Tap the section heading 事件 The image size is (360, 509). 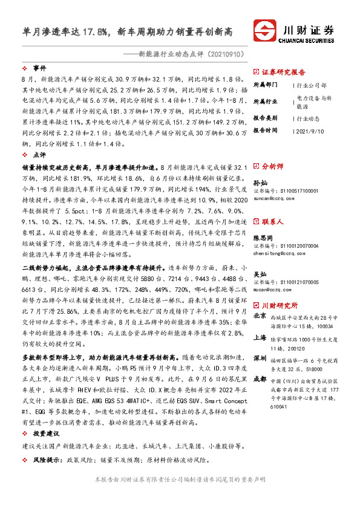point(39,68)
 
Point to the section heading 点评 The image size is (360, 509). point(39,155)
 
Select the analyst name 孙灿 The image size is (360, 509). point(260,182)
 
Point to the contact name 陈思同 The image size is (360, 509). point(263,238)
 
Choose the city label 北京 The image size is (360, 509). point(260,316)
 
